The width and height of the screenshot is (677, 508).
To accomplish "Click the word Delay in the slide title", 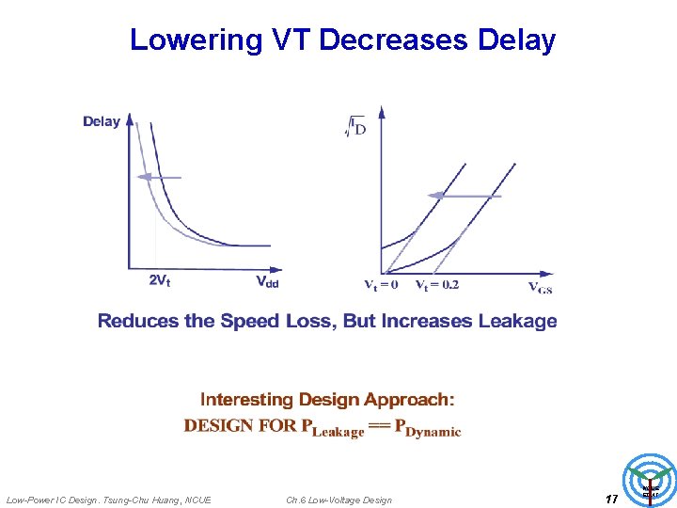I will coord(516,40).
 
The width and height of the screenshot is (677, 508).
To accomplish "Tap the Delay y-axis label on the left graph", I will coord(102,121).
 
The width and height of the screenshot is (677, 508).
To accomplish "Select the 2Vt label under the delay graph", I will coord(160,280).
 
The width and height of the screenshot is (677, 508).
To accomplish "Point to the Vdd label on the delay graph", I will coord(268,280).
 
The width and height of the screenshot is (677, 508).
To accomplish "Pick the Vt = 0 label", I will coord(381,284).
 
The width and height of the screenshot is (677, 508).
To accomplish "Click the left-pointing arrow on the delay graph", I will coord(156,177).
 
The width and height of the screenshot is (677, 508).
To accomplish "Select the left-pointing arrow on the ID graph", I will coord(464,195).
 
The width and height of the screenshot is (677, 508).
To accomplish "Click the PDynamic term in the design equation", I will coord(428,427).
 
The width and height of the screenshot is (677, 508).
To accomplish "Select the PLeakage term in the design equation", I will coord(332,427).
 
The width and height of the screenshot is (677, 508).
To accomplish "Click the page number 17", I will coord(611,499).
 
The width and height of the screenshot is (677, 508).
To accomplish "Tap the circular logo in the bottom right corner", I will coord(652,480).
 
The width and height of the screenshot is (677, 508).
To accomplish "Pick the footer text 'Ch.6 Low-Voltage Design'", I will coord(338,500).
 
